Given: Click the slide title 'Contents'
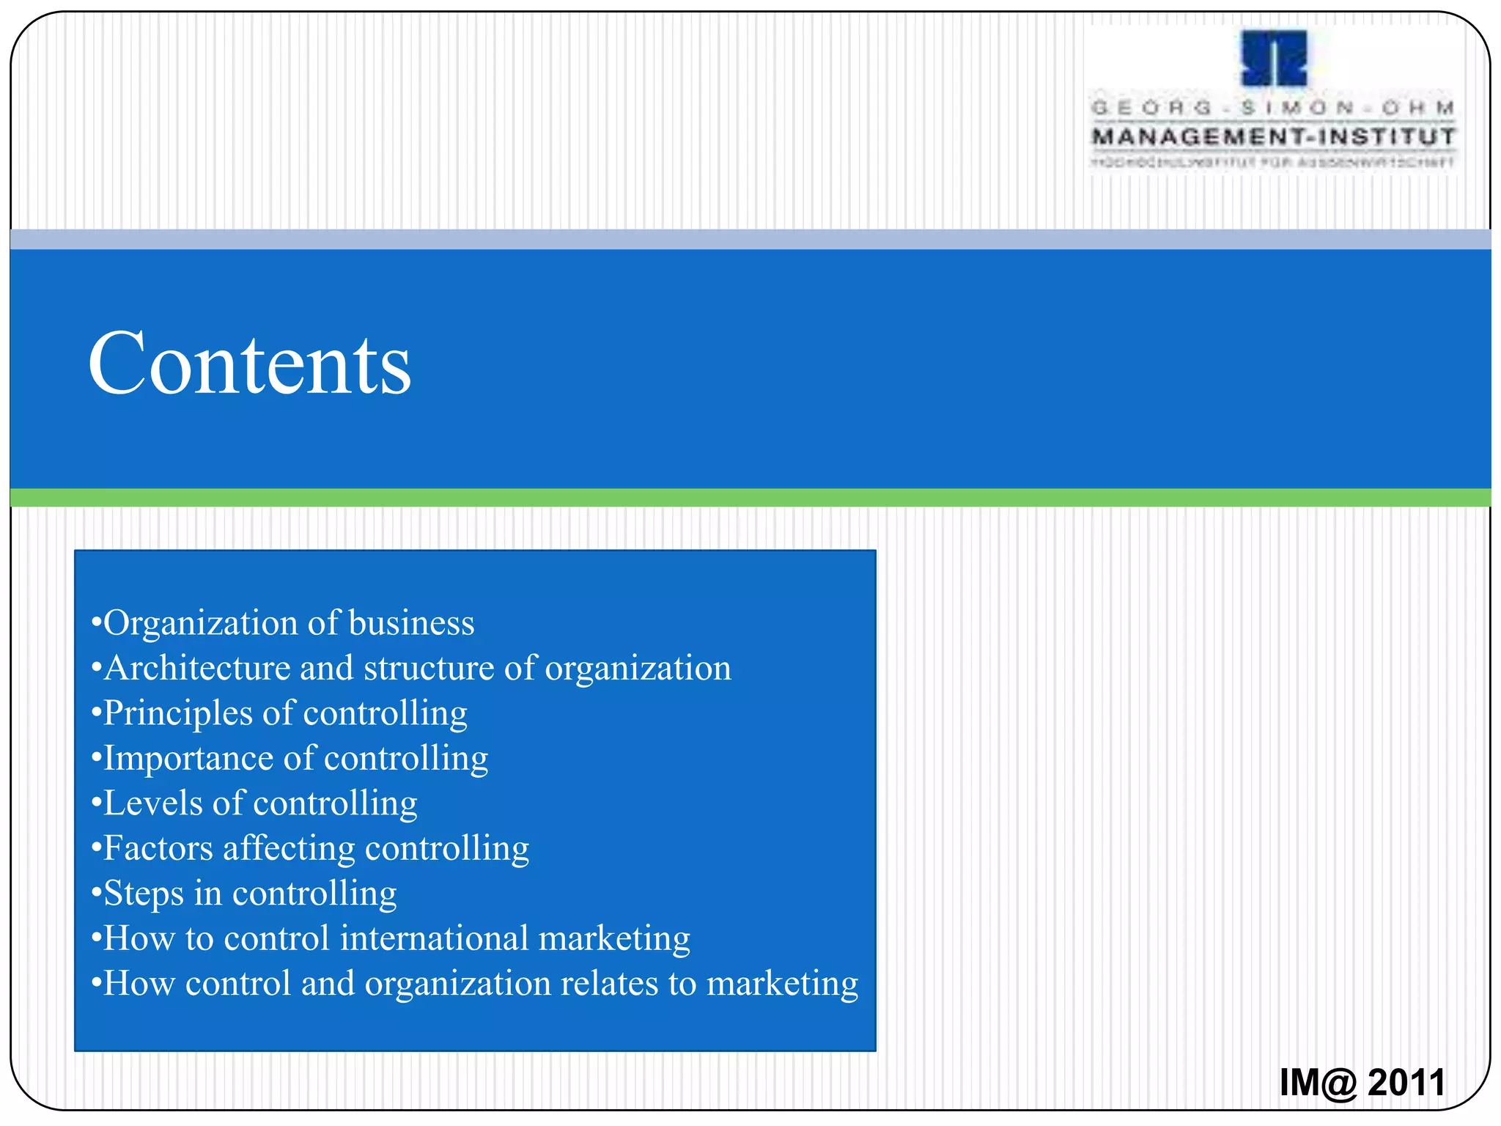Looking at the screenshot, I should click(x=249, y=364).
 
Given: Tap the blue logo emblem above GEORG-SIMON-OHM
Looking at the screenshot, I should click(x=1274, y=59).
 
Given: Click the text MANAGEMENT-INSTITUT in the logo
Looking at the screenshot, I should click(x=1273, y=137).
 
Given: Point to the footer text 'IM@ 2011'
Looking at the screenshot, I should click(x=1362, y=1082).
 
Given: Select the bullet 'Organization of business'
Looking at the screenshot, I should click(x=283, y=623).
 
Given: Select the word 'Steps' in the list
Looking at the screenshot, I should click(x=144, y=894).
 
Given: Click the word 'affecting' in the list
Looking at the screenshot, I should click(x=289, y=848).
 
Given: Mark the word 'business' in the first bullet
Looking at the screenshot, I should click(x=411, y=623).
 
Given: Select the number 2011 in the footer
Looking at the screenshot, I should click(x=1406, y=1082).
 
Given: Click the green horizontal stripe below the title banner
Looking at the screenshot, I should click(x=750, y=498).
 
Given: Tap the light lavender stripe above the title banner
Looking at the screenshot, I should click(x=750, y=239).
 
